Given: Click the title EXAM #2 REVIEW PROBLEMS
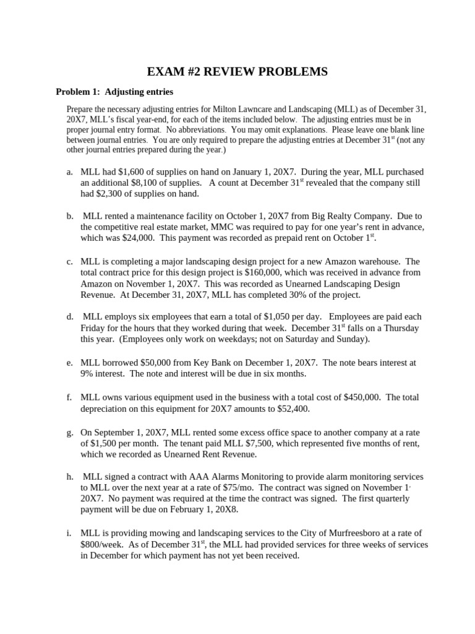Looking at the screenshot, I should (x=237, y=72).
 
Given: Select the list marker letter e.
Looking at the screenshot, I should (x=70, y=362).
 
